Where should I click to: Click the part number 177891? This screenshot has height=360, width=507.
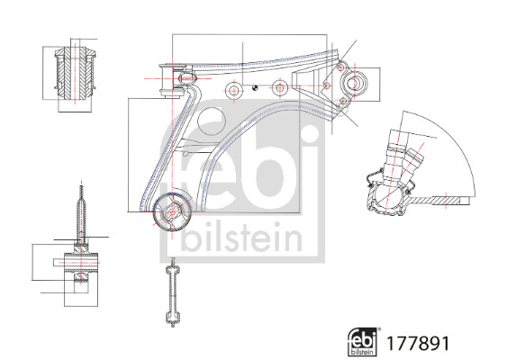coord(417,344)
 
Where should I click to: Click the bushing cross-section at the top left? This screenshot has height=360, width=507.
coord(76,75)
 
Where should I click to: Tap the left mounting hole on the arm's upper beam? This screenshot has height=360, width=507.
coord(234,90)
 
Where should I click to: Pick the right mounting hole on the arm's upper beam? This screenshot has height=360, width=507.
coord(280,89)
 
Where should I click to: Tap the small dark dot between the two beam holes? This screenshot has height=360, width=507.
coord(257,87)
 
